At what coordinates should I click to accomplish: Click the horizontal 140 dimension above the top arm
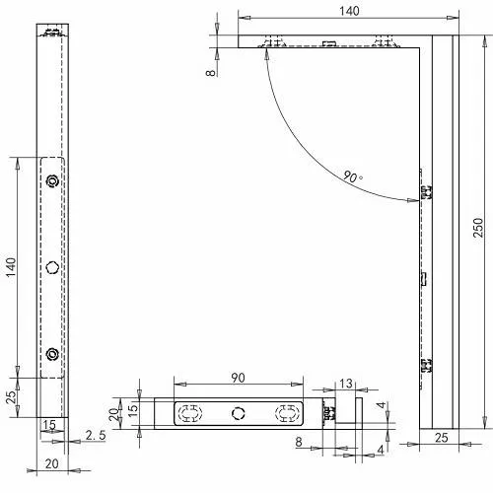pyautogui.click(x=349, y=10)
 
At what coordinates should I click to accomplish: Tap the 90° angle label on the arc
pyautogui.click(x=352, y=177)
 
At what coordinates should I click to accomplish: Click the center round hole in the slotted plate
pyautogui.click(x=237, y=412)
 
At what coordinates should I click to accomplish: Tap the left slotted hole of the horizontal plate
pyautogui.click(x=189, y=412)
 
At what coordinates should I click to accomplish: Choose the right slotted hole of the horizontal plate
pyautogui.click(x=286, y=412)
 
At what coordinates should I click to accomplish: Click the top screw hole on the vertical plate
pyautogui.click(x=53, y=180)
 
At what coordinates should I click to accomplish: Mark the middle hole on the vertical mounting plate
pyautogui.click(x=53, y=266)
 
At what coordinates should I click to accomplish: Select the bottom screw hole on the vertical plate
pyautogui.click(x=53, y=353)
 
